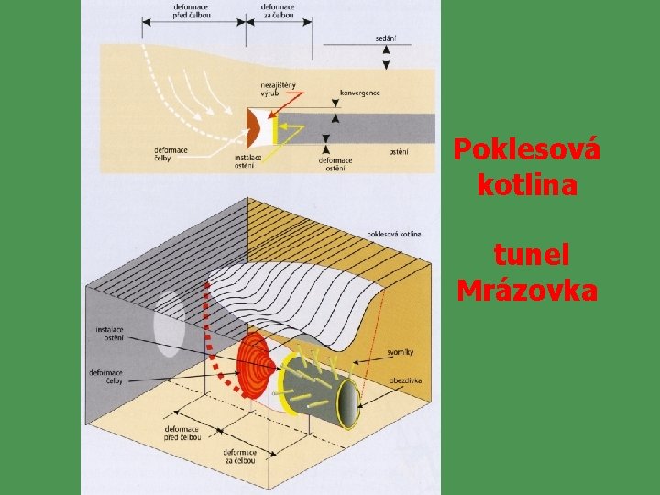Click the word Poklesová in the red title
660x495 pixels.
526,149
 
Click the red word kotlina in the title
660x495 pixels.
527,185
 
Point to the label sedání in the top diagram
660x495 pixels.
385,38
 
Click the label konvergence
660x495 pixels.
359,93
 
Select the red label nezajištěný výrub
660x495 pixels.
280,90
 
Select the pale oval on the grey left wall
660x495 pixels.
169,323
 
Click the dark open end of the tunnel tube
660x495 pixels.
348,405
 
